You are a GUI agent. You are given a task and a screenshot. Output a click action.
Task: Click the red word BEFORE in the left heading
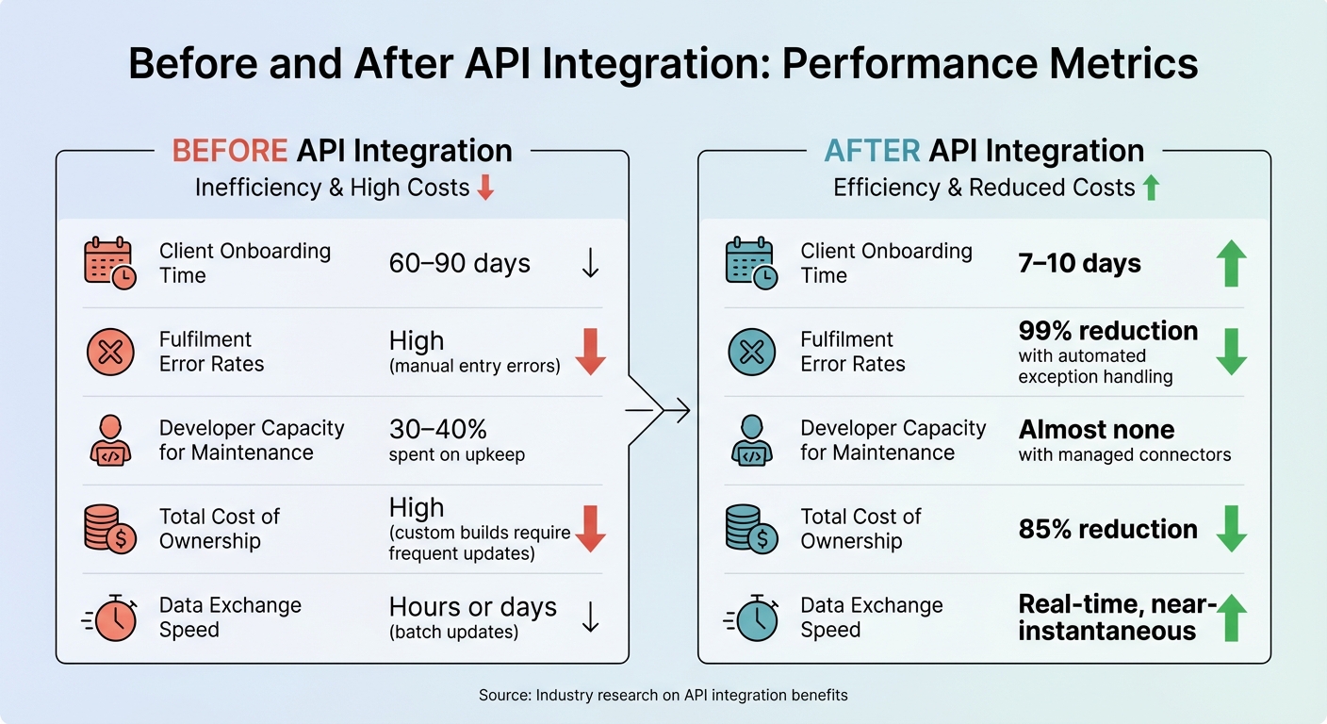click(x=230, y=151)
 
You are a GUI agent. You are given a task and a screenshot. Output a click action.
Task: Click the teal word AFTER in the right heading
click(x=871, y=151)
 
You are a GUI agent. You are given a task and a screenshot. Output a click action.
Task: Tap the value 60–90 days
click(x=460, y=264)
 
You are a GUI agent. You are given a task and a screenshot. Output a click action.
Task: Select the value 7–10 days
click(x=1080, y=264)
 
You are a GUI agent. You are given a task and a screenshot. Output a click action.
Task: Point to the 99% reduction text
click(x=1108, y=331)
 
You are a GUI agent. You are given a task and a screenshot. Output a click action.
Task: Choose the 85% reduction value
click(x=1108, y=530)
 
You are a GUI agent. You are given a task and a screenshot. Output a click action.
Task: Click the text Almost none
click(x=1096, y=430)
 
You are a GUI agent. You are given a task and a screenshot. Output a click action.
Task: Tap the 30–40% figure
click(x=438, y=430)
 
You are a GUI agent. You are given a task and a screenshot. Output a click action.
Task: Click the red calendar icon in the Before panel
click(x=110, y=264)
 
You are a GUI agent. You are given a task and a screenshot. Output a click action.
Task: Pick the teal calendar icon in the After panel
click(x=751, y=264)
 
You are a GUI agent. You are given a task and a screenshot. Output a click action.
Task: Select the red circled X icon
click(x=110, y=353)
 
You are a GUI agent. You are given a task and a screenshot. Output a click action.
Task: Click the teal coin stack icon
click(x=751, y=529)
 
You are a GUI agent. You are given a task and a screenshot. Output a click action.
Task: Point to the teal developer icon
click(x=751, y=440)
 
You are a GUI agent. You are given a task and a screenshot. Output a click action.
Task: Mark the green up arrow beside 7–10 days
click(x=1231, y=264)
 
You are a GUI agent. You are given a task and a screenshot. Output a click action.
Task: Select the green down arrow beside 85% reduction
click(x=1231, y=530)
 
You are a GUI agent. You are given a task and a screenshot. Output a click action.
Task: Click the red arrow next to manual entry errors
click(x=590, y=353)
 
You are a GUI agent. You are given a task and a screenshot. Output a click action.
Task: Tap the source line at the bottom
click(x=663, y=696)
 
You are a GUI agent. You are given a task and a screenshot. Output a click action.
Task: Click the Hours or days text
click(x=473, y=607)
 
